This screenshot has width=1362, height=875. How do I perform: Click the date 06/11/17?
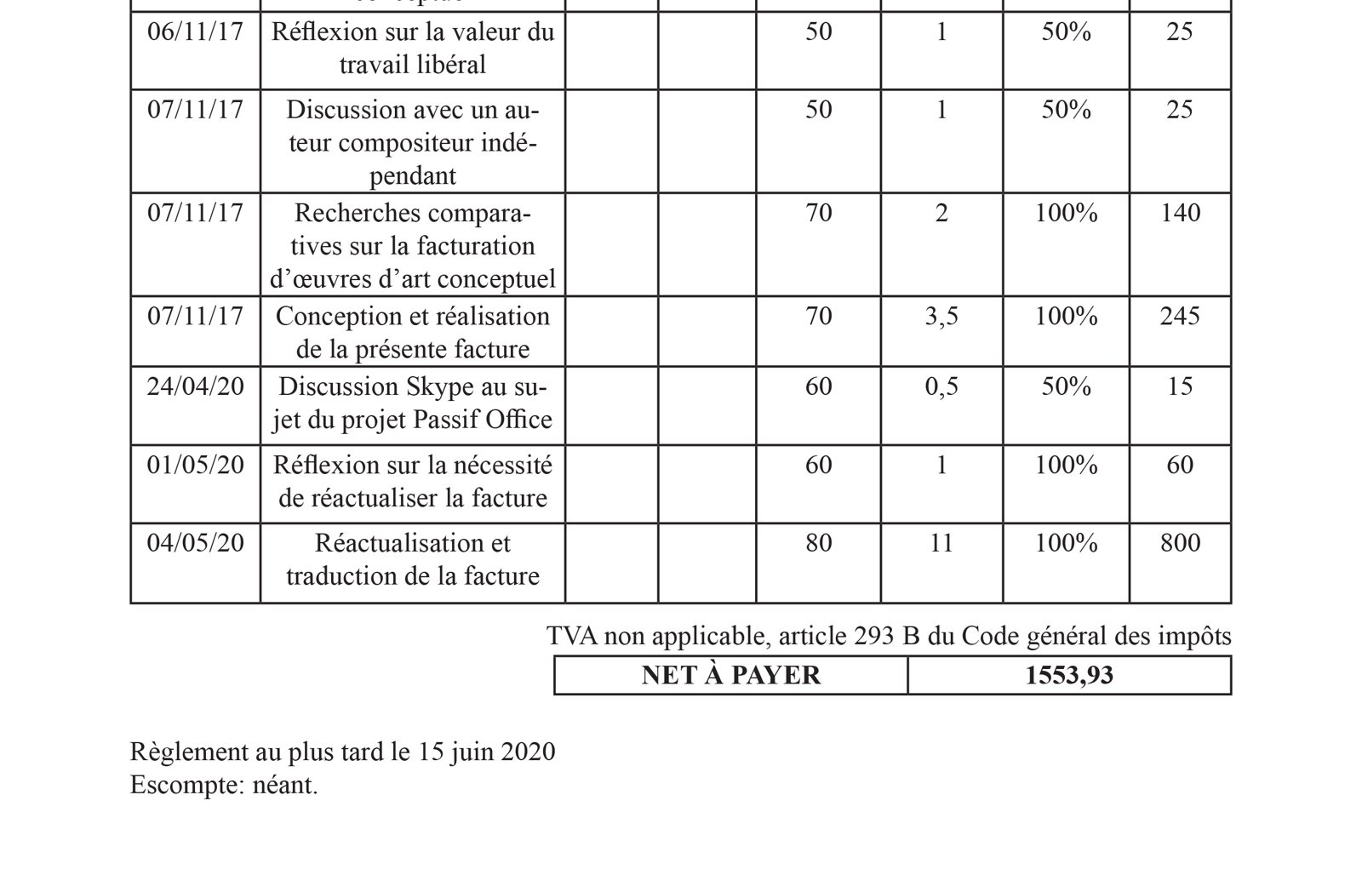point(195,32)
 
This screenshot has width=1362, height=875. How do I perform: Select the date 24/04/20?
point(195,387)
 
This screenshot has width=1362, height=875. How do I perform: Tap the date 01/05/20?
point(195,466)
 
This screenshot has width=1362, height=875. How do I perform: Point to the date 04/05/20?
point(195,544)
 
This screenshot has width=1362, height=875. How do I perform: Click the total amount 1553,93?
point(1069,676)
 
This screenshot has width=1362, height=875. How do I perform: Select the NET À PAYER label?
point(730,676)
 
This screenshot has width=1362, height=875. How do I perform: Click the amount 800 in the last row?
point(1180,544)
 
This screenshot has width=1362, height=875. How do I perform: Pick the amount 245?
point(1180,317)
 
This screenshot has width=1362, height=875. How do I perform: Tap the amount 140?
point(1180,213)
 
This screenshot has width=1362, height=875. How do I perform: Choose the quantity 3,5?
point(941,317)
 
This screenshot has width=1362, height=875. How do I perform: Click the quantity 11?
point(941,544)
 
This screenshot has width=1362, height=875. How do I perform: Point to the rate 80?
point(818,544)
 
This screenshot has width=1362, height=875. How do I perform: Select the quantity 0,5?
point(941,387)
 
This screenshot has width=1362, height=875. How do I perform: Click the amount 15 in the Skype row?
point(1180,387)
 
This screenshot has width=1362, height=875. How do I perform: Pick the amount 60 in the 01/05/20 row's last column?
point(1180,466)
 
